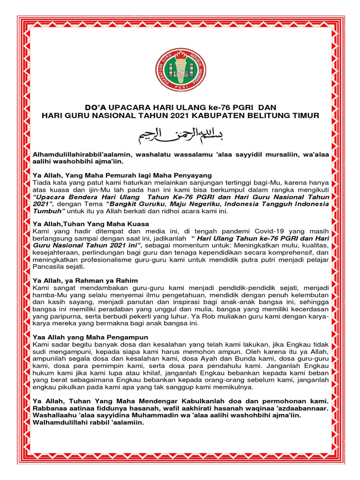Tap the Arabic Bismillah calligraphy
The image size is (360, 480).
(x=180, y=136)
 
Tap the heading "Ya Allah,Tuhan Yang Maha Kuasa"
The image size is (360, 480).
(x=90, y=224)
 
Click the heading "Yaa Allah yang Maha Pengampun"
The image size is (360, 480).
(x=90, y=337)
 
